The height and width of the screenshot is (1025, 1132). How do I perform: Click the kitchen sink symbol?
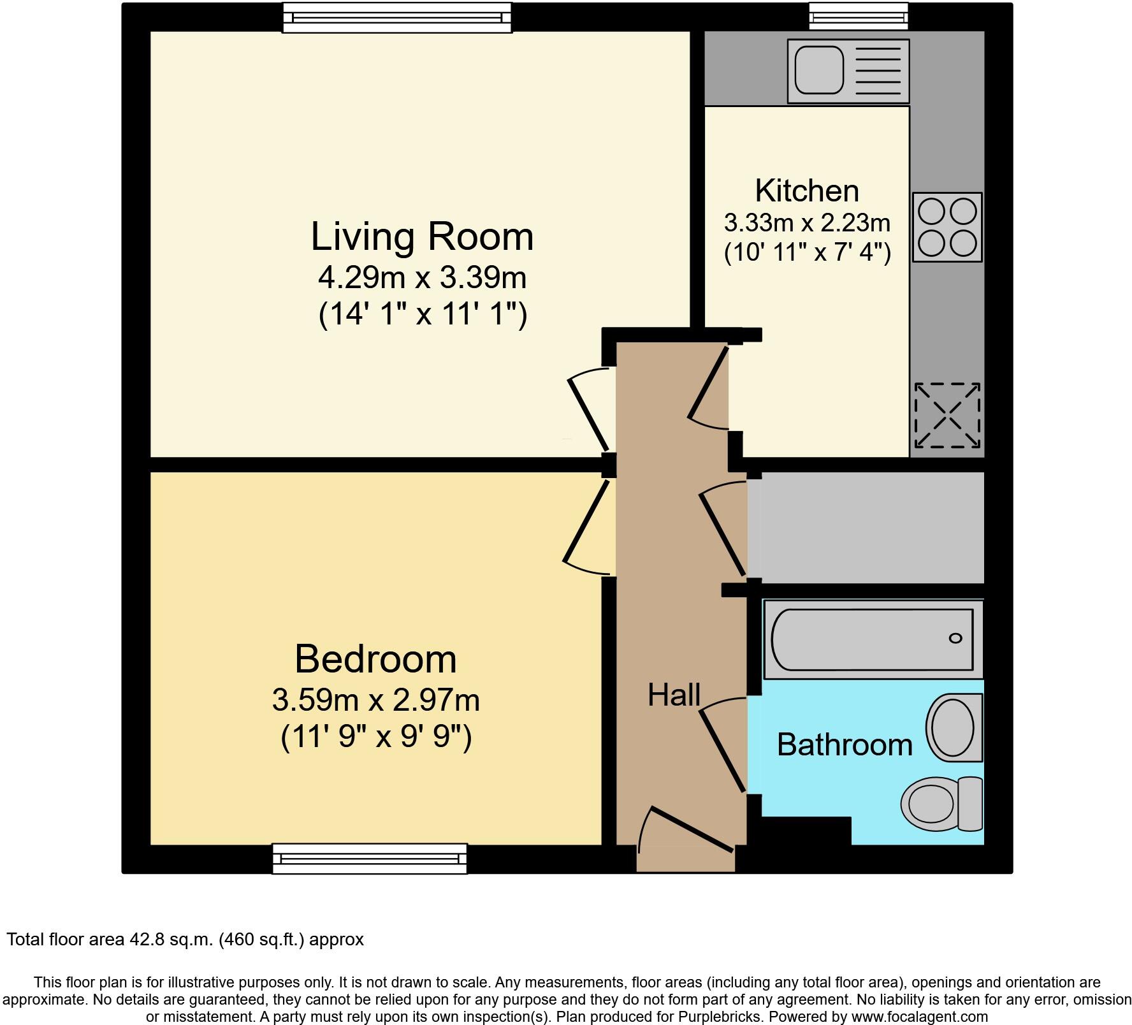click(x=848, y=71)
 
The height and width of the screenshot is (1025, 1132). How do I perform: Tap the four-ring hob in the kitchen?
click(x=947, y=227)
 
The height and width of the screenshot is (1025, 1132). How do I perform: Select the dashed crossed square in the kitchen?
click(x=947, y=416)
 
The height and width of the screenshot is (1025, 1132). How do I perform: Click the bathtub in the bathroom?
click(x=872, y=639)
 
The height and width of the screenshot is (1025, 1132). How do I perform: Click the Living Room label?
click(x=422, y=236)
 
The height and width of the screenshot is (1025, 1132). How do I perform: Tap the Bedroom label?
click(x=375, y=658)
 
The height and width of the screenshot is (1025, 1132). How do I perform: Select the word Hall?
click(x=674, y=695)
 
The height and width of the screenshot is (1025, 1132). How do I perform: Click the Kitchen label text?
click(x=807, y=191)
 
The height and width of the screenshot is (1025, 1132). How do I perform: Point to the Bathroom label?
click(x=845, y=745)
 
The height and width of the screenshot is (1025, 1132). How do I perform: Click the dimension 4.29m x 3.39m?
click(x=422, y=278)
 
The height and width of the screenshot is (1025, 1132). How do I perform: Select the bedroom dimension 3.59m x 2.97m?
click(x=375, y=700)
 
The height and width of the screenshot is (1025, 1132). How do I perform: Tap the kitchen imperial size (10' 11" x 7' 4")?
click(x=807, y=253)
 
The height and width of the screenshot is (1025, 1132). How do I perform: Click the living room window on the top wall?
click(x=397, y=17)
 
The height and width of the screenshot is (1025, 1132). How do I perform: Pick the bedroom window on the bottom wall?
click(x=370, y=858)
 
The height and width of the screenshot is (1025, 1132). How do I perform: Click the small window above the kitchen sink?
click(x=859, y=17)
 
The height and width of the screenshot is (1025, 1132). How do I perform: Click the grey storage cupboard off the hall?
click(x=866, y=527)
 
